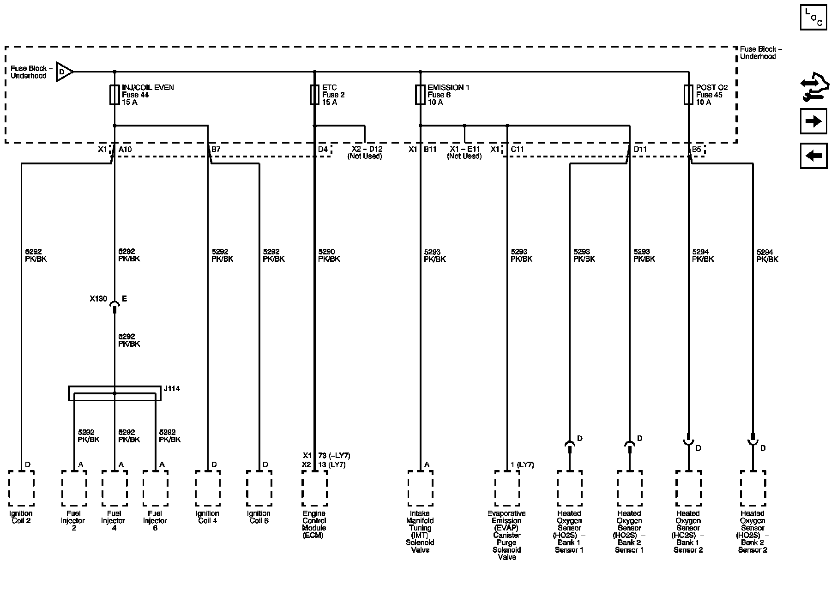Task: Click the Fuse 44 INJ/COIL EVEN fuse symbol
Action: pyautogui.click(x=114, y=95)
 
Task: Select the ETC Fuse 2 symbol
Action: pyautogui.click(x=315, y=95)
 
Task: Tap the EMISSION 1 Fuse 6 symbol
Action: pyautogui.click(x=420, y=95)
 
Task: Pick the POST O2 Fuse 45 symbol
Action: pyautogui.click(x=689, y=95)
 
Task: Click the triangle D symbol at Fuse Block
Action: pyautogui.click(x=64, y=72)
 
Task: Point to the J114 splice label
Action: pyautogui.click(x=172, y=389)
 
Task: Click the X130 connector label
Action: pyautogui.click(x=98, y=299)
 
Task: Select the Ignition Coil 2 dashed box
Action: pyautogui.click(x=21, y=488)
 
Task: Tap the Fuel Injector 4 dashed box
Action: pyautogui.click(x=114, y=488)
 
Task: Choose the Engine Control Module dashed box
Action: pyautogui.click(x=314, y=488)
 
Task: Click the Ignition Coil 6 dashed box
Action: pyautogui.click(x=259, y=488)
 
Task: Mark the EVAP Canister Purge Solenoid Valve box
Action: pyautogui.click(x=507, y=488)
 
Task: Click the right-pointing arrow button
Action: pyautogui.click(x=813, y=121)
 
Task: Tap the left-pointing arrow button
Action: pyautogui.click(x=813, y=156)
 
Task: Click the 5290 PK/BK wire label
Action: pyautogui.click(x=329, y=255)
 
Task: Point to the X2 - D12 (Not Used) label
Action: pyautogui.click(x=365, y=153)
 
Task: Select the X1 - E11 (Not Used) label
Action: pyautogui.click(x=464, y=153)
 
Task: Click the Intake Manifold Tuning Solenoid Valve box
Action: pyautogui.click(x=420, y=488)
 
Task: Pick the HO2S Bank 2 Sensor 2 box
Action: pyautogui.click(x=753, y=488)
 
